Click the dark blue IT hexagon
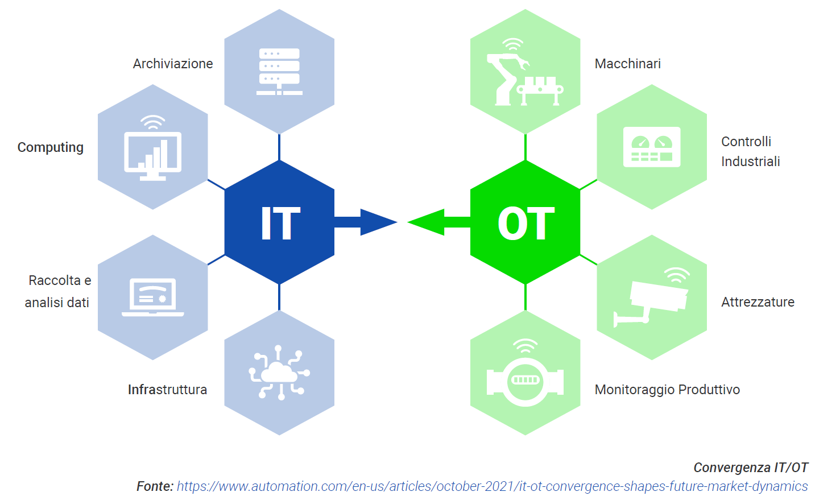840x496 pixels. pyautogui.click(x=279, y=222)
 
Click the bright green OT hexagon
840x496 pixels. pyautogui.click(x=525, y=222)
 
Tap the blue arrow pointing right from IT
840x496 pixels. pyautogui.click(x=366, y=222)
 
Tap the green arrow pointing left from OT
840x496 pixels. pyautogui.click(x=438, y=222)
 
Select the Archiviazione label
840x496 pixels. pyautogui.click(x=173, y=64)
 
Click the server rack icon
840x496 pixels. pyautogui.click(x=279, y=71)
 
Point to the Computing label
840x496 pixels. pyautogui.click(x=50, y=147)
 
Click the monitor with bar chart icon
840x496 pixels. pyautogui.click(x=152, y=148)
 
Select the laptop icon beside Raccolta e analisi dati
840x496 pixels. pyautogui.click(x=152, y=297)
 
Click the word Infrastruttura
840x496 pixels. pyautogui.click(x=167, y=390)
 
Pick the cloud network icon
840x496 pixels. pyautogui.click(x=279, y=373)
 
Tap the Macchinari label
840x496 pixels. pyautogui.click(x=628, y=64)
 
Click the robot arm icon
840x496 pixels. pyautogui.click(x=525, y=72)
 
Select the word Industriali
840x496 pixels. pyautogui.click(x=750, y=162)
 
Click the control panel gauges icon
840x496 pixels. pyautogui.click(x=652, y=147)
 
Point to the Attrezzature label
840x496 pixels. pyautogui.click(x=758, y=302)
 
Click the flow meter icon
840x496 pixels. pyautogui.click(x=525, y=373)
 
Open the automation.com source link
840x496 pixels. pyautogui.click(x=492, y=486)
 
